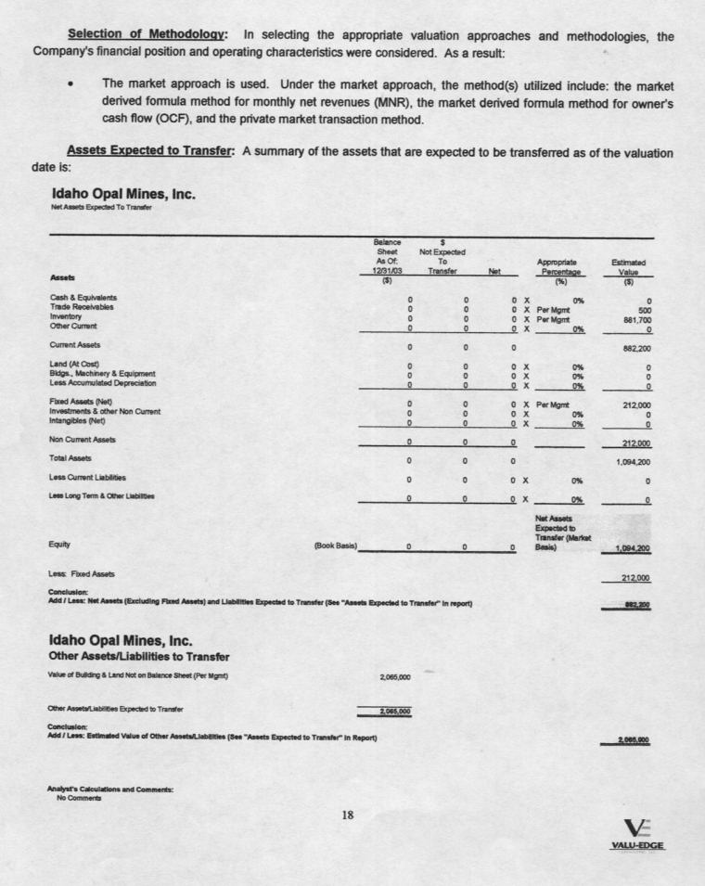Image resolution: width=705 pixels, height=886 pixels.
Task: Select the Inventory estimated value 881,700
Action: [x=634, y=318]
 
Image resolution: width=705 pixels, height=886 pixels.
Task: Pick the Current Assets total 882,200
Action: [x=634, y=350]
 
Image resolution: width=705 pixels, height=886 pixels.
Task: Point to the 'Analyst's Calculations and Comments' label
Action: [x=110, y=789]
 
